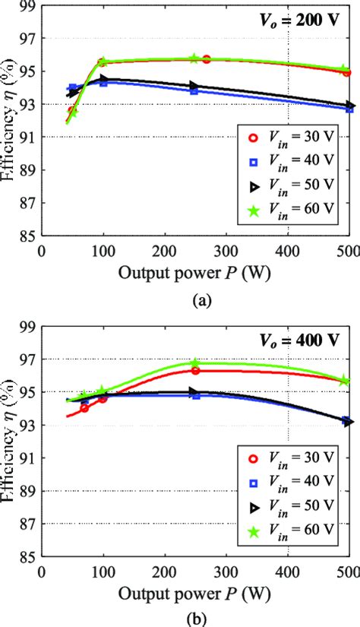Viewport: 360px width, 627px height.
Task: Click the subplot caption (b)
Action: pos(199,619)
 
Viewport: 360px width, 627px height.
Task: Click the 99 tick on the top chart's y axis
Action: pos(27,5)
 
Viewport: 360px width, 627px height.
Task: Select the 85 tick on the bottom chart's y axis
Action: pos(27,557)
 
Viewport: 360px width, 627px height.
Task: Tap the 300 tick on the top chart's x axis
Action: pos(226,252)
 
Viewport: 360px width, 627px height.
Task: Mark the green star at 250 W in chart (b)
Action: pos(195,364)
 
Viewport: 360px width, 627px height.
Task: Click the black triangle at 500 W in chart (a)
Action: pos(349,106)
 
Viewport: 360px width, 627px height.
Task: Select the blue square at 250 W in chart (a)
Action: pos(194,90)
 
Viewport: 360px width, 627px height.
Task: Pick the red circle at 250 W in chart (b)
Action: pos(195,370)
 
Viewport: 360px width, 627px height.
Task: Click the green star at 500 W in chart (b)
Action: pos(345,380)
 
